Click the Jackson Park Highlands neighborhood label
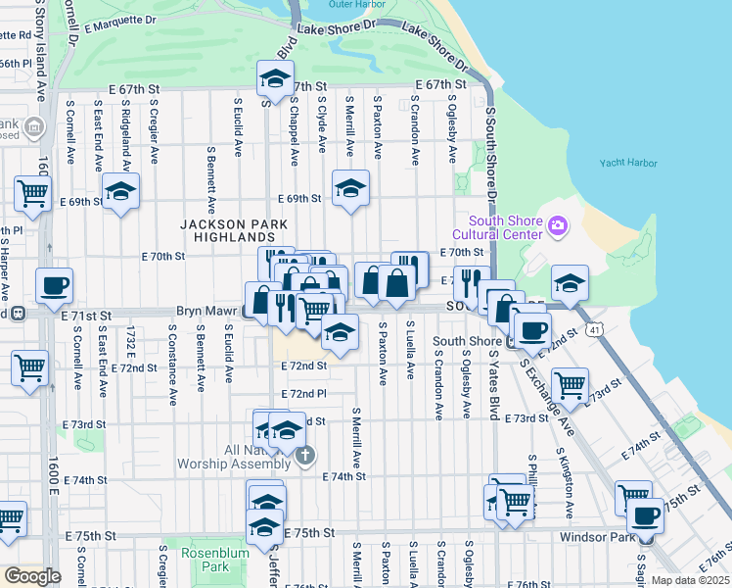click(235, 230)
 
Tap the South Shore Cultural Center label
click(505, 226)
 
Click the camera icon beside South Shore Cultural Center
click(558, 226)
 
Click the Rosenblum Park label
click(205, 560)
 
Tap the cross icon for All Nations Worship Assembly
click(306, 455)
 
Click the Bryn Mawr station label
click(207, 311)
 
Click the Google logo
click(32, 575)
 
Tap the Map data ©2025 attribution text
click(690, 580)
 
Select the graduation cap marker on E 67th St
click(276, 77)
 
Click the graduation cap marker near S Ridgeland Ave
click(120, 190)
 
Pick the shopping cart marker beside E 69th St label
click(32, 194)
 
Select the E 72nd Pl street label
click(302, 393)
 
